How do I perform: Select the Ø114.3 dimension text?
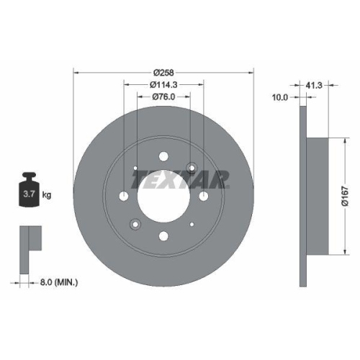coord(165,85)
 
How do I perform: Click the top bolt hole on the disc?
coord(165,156)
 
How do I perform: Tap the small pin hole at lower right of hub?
coord(194,225)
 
